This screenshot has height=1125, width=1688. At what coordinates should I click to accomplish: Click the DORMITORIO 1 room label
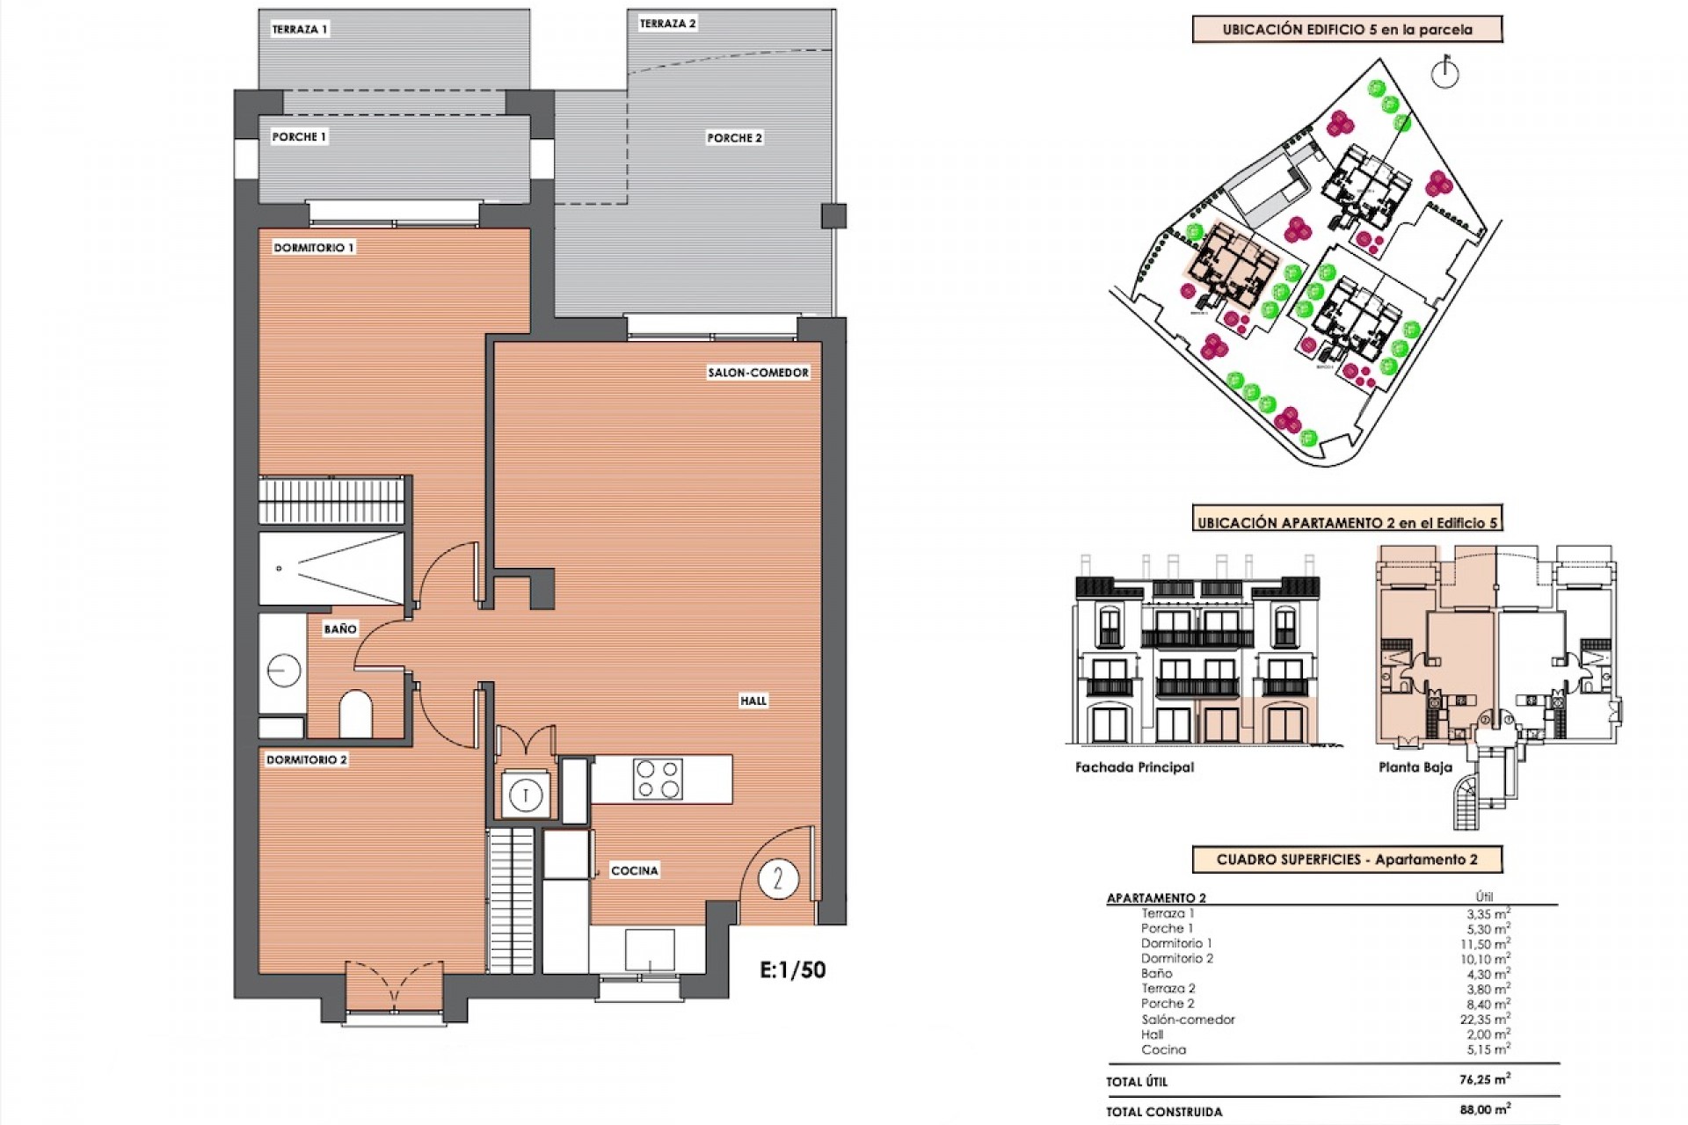[313, 248]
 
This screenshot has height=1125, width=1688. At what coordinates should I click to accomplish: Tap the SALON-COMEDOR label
[758, 373]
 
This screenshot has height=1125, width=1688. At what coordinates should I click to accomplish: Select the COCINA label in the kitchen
[634, 870]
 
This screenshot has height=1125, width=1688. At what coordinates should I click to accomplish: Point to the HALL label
[753, 700]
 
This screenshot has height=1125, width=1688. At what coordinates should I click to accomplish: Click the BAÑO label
[340, 628]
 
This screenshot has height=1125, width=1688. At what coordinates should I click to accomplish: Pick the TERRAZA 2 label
[667, 24]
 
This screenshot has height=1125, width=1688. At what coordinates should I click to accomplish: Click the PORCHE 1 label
[299, 137]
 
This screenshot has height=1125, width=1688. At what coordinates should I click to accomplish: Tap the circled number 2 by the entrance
[777, 878]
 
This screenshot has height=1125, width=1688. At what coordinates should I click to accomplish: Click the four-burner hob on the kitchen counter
[658, 780]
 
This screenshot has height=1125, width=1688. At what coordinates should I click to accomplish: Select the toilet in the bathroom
[355, 714]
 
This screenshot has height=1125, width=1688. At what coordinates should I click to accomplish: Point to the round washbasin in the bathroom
[283, 671]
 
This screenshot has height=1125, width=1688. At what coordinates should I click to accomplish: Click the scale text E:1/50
[792, 970]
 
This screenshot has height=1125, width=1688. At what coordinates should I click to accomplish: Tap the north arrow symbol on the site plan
[1444, 74]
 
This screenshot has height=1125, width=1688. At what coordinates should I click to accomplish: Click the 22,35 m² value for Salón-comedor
[1485, 1020]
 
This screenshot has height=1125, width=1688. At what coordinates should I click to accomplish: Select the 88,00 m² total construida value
[1485, 1110]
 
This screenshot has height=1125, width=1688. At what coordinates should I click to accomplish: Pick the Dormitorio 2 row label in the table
[1177, 958]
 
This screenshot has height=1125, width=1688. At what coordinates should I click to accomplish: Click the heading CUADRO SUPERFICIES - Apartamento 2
[1347, 860]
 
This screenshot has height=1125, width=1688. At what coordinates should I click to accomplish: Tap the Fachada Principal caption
[1134, 767]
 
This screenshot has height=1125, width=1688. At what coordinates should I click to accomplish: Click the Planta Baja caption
[1415, 767]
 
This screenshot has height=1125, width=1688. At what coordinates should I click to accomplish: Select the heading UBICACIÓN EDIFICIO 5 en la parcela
[1347, 29]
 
